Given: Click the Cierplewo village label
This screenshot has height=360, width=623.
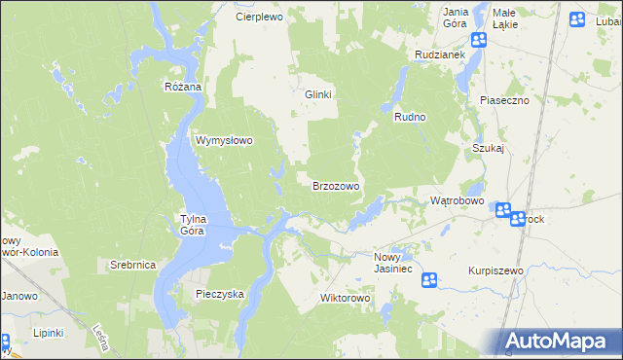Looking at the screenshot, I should (259, 18).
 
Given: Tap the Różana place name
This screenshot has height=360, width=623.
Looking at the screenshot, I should (182, 87).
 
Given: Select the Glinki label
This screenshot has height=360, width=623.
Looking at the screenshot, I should (318, 94).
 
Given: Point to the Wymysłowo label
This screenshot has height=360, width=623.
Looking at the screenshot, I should (225, 140).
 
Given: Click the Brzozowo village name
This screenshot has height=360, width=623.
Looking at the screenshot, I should (336, 186).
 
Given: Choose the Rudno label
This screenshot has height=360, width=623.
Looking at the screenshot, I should (411, 117).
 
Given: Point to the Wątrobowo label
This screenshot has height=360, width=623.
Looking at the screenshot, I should (458, 200).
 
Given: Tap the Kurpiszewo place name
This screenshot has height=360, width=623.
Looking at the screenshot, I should (495, 270).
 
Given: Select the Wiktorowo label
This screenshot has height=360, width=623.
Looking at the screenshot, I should (347, 298).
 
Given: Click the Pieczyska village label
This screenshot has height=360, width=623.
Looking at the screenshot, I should (219, 293).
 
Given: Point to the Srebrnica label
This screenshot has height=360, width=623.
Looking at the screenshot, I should (133, 265).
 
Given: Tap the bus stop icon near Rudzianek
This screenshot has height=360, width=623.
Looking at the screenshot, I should (479, 40).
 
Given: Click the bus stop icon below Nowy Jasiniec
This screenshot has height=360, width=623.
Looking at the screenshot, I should (429, 280).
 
